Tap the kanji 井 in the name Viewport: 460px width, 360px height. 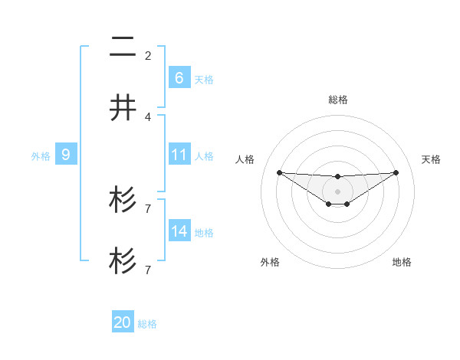point(123,108)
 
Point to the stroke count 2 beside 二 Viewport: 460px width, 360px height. point(148,55)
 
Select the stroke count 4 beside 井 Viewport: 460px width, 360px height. point(148,116)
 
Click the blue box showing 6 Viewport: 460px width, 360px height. point(179,77)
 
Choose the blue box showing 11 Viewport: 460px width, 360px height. point(179,155)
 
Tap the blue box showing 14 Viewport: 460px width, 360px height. point(179,231)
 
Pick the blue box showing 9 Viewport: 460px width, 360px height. point(66,155)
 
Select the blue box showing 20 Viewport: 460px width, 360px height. point(123,322)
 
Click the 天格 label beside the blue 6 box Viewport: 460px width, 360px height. point(204,79)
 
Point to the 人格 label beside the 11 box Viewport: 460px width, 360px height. point(204,155)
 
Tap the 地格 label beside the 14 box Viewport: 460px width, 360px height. point(204,232)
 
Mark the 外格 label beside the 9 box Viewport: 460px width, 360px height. point(41,155)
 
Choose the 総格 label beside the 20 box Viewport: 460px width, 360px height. point(147,324)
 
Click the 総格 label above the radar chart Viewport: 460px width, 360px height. point(337,100)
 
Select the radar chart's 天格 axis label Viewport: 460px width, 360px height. point(431,159)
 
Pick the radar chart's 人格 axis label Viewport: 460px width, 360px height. point(245,159)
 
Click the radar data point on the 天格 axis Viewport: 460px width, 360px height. point(396,172)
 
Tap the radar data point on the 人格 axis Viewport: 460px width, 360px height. point(279,172)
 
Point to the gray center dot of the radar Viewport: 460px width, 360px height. point(337,191)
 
